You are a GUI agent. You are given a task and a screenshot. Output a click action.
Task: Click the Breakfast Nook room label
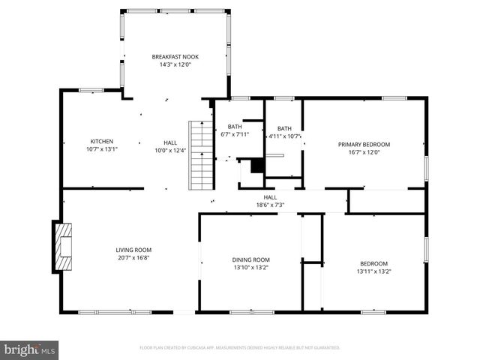click(175, 57)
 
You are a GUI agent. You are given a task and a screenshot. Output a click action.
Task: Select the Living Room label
click(133, 250)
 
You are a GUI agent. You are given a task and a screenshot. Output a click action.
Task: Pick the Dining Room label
click(250, 260)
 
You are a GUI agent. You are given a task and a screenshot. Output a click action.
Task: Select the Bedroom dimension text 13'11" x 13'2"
click(373, 271)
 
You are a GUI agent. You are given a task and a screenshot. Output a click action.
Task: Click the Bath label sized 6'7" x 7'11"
click(235, 127)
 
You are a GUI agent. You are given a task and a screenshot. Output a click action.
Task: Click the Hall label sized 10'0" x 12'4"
click(170, 145)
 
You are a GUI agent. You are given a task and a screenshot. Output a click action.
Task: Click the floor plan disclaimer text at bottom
click(239, 348)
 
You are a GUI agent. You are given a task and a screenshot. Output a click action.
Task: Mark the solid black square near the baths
click(257, 166)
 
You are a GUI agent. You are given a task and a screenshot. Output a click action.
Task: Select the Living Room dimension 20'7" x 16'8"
click(133, 257)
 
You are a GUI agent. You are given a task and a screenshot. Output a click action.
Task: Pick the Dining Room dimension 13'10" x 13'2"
click(250, 268)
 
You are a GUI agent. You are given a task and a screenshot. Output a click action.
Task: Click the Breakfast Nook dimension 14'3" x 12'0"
click(175, 64)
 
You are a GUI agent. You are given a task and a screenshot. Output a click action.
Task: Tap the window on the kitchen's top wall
click(91, 91)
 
